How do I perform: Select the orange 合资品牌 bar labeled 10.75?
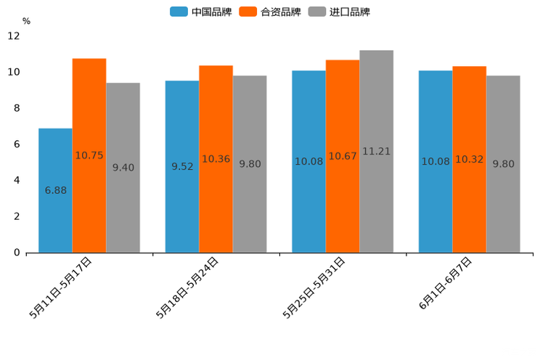click(89, 155)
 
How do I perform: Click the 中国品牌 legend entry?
click(202, 12)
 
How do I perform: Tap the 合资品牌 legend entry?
click(271, 12)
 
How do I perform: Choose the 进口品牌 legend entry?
click(340, 12)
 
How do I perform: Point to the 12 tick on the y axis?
click(14, 36)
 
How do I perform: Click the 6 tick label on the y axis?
click(16, 144)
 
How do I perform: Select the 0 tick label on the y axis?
click(16, 253)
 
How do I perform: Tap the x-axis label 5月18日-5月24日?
click(187, 287)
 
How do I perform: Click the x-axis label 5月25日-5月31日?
click(314, 287)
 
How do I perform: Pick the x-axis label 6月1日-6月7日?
click(446, 284)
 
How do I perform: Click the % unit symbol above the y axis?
click(26, 21)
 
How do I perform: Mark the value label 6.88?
click(56, 190)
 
